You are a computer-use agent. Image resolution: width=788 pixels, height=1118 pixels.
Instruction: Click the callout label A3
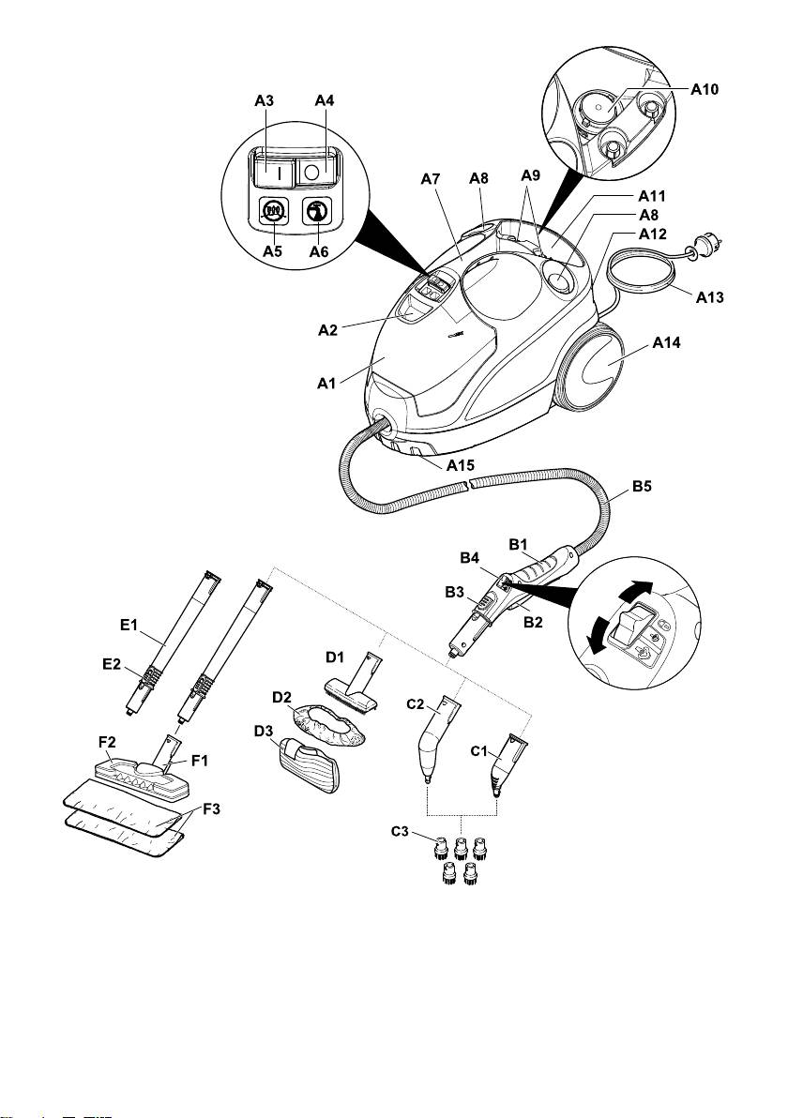coord(264,100)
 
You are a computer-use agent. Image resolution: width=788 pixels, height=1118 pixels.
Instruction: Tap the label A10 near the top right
coord(705,89)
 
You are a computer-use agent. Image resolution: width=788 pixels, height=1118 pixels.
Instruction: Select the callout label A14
coord(666,342)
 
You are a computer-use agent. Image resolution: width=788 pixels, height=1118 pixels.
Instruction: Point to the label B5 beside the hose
coord(642,486)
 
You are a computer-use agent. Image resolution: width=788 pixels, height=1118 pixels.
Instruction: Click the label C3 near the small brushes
coord(400,831)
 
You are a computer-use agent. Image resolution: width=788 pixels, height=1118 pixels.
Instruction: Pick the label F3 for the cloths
coord(212,809)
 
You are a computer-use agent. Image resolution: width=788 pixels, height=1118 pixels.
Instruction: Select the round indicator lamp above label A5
coord(272,210)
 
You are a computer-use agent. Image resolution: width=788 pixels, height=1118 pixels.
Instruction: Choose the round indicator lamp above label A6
coord(316,211)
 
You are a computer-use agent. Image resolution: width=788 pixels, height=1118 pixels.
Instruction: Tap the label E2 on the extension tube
coord(112,664)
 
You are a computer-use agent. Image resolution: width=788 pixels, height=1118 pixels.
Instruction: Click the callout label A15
coord(460,465)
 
